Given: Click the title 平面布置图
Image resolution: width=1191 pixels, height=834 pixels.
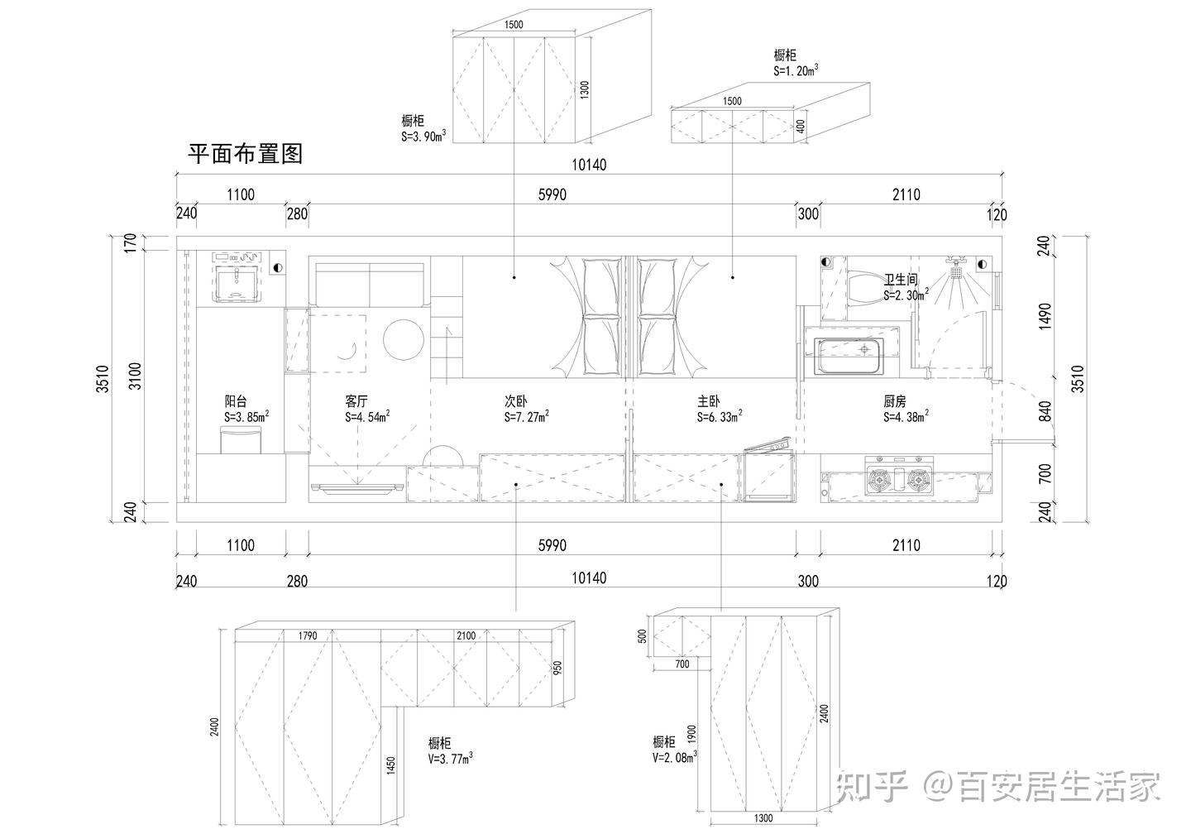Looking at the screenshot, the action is coord(246,154).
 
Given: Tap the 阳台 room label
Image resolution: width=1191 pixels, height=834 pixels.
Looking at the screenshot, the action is coord(236,400).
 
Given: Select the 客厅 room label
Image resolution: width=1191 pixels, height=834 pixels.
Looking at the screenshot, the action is coord(357,400).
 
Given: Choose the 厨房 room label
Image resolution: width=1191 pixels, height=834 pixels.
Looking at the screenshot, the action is coord(895,400).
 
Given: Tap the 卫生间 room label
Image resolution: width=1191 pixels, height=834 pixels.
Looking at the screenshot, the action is coord(901,280).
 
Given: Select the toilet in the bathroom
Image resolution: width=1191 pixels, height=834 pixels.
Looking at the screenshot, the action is coord(860,289).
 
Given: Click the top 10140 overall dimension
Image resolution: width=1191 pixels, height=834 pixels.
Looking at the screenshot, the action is coord(589,165).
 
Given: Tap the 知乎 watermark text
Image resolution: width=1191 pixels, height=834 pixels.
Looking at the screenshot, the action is coord(873,787).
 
